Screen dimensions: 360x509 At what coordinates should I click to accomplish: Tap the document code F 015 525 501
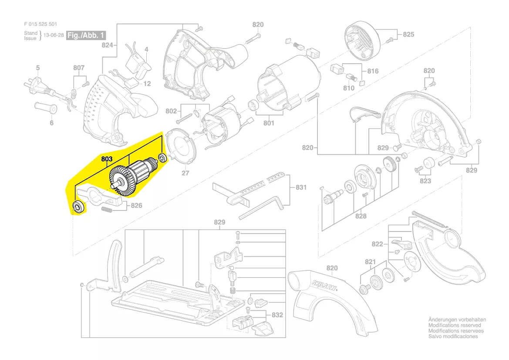40,24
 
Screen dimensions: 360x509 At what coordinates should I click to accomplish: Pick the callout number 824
108,45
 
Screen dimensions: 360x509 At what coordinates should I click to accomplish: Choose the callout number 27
186,173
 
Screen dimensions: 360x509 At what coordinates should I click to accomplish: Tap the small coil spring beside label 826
107,211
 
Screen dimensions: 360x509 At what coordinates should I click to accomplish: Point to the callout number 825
408,34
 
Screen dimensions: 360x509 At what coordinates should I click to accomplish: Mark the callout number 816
373,71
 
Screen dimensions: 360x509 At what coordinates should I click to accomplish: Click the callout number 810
349,88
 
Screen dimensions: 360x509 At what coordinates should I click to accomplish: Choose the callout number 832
277,315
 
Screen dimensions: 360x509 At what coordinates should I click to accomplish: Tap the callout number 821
370,262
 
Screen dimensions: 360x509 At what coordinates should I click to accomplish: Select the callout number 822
377,245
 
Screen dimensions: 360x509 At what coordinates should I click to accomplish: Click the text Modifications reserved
455,325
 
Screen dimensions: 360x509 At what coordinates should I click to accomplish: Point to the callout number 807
79,68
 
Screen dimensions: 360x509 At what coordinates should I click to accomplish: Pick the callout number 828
361,216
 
